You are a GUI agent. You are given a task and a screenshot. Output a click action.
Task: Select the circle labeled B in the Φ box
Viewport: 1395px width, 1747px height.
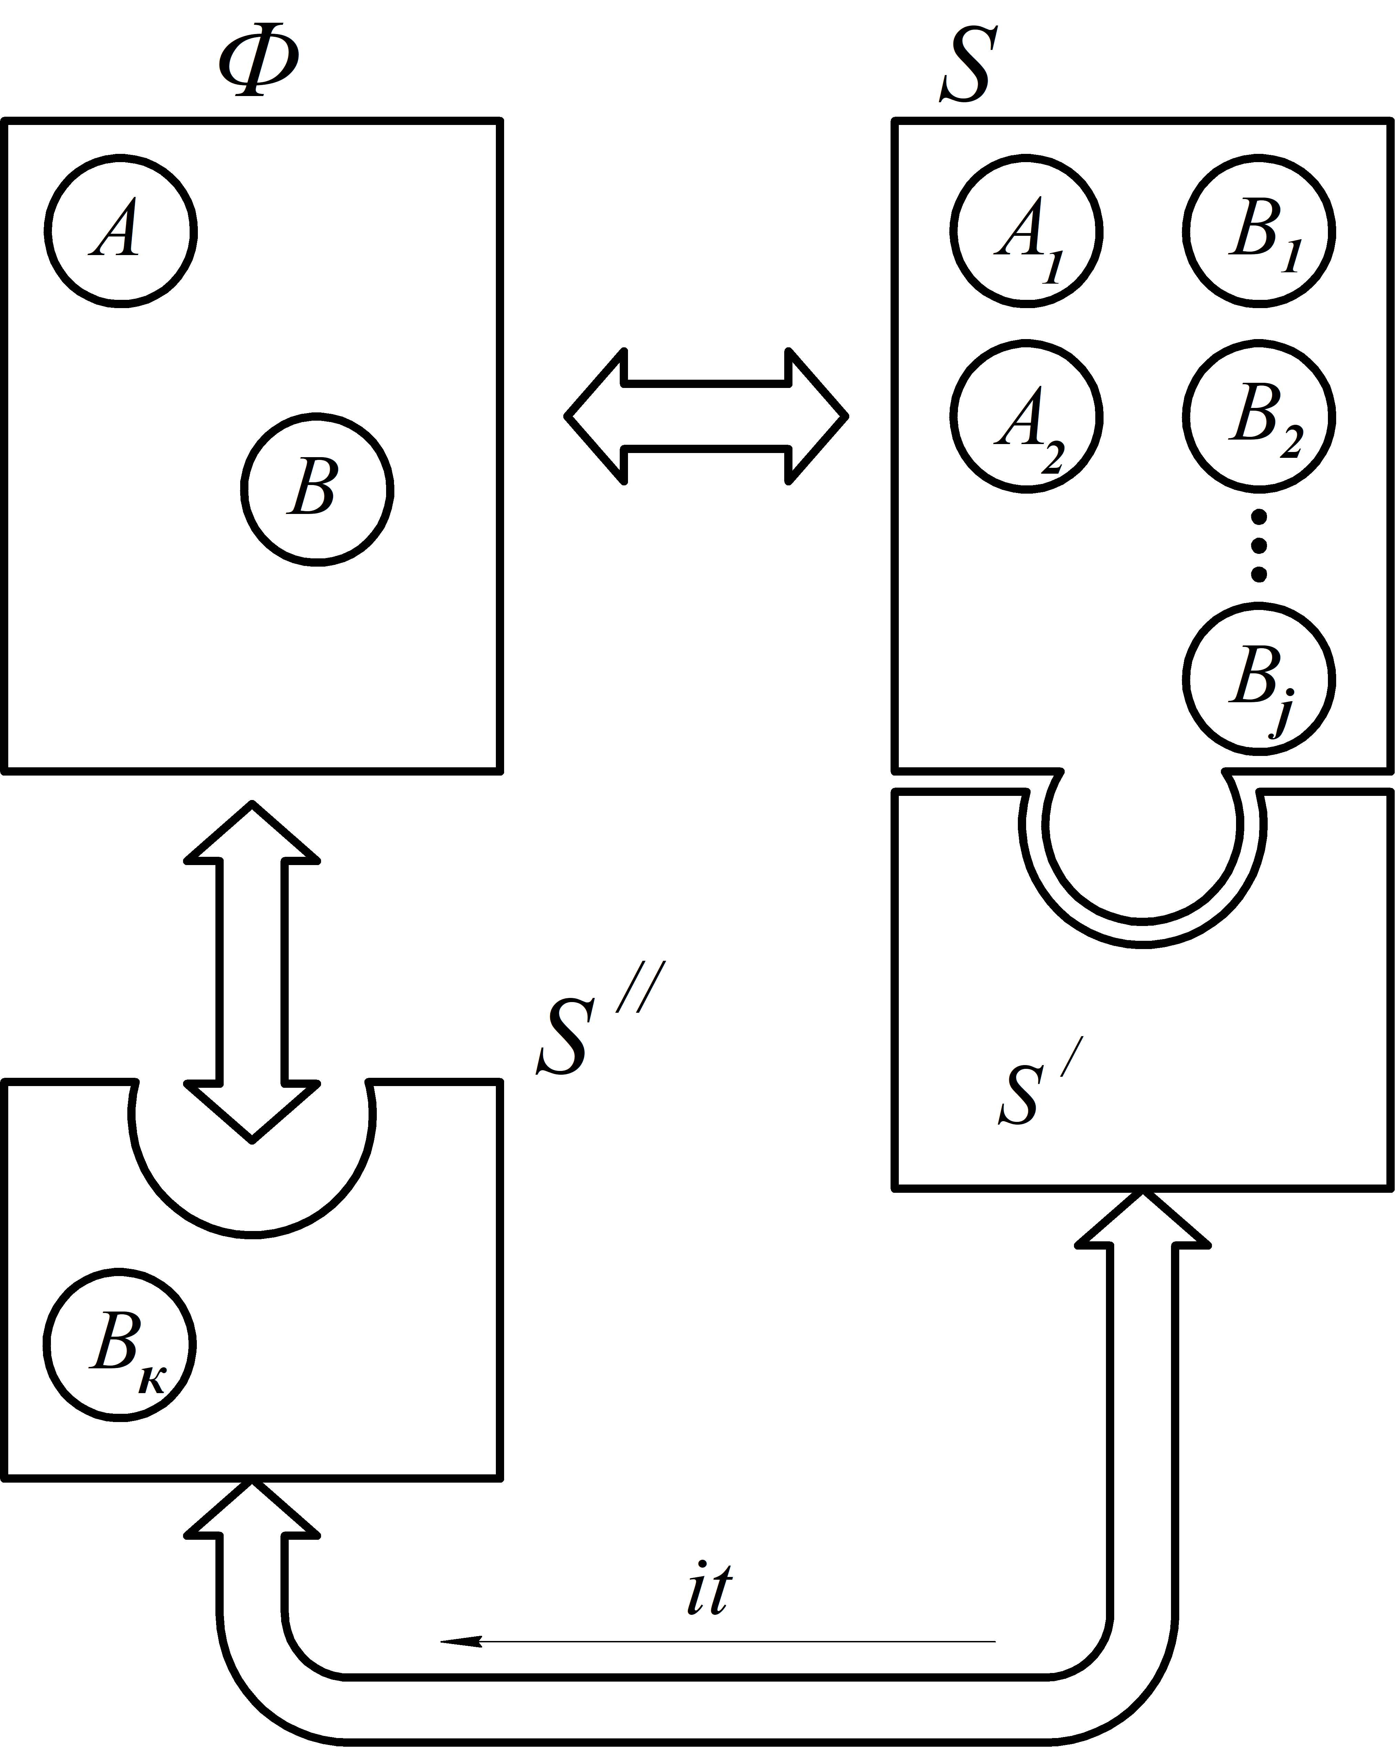(317, 490)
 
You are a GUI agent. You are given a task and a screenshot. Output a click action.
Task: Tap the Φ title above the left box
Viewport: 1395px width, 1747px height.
(258, 66)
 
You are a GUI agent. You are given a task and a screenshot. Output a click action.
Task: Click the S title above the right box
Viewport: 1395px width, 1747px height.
(966, 66)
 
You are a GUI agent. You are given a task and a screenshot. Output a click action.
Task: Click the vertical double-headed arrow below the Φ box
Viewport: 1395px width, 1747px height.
(252, 972)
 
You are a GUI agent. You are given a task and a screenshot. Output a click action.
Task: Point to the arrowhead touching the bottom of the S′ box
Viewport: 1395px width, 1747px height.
(1142, 1220)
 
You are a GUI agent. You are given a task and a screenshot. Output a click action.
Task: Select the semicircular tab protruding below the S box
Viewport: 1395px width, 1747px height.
(1142, 851)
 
